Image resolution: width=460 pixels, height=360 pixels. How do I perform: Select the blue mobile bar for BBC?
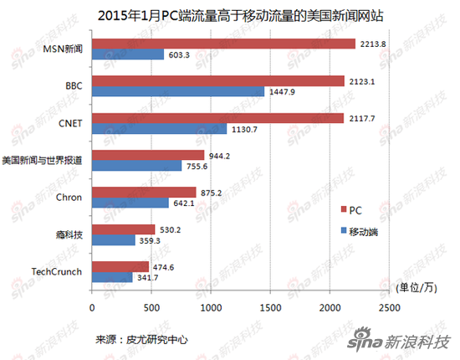click(178, 91)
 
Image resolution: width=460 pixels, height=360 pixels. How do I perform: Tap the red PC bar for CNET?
click(217, 118)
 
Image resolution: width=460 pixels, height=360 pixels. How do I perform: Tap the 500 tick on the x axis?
click(151, 306)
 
